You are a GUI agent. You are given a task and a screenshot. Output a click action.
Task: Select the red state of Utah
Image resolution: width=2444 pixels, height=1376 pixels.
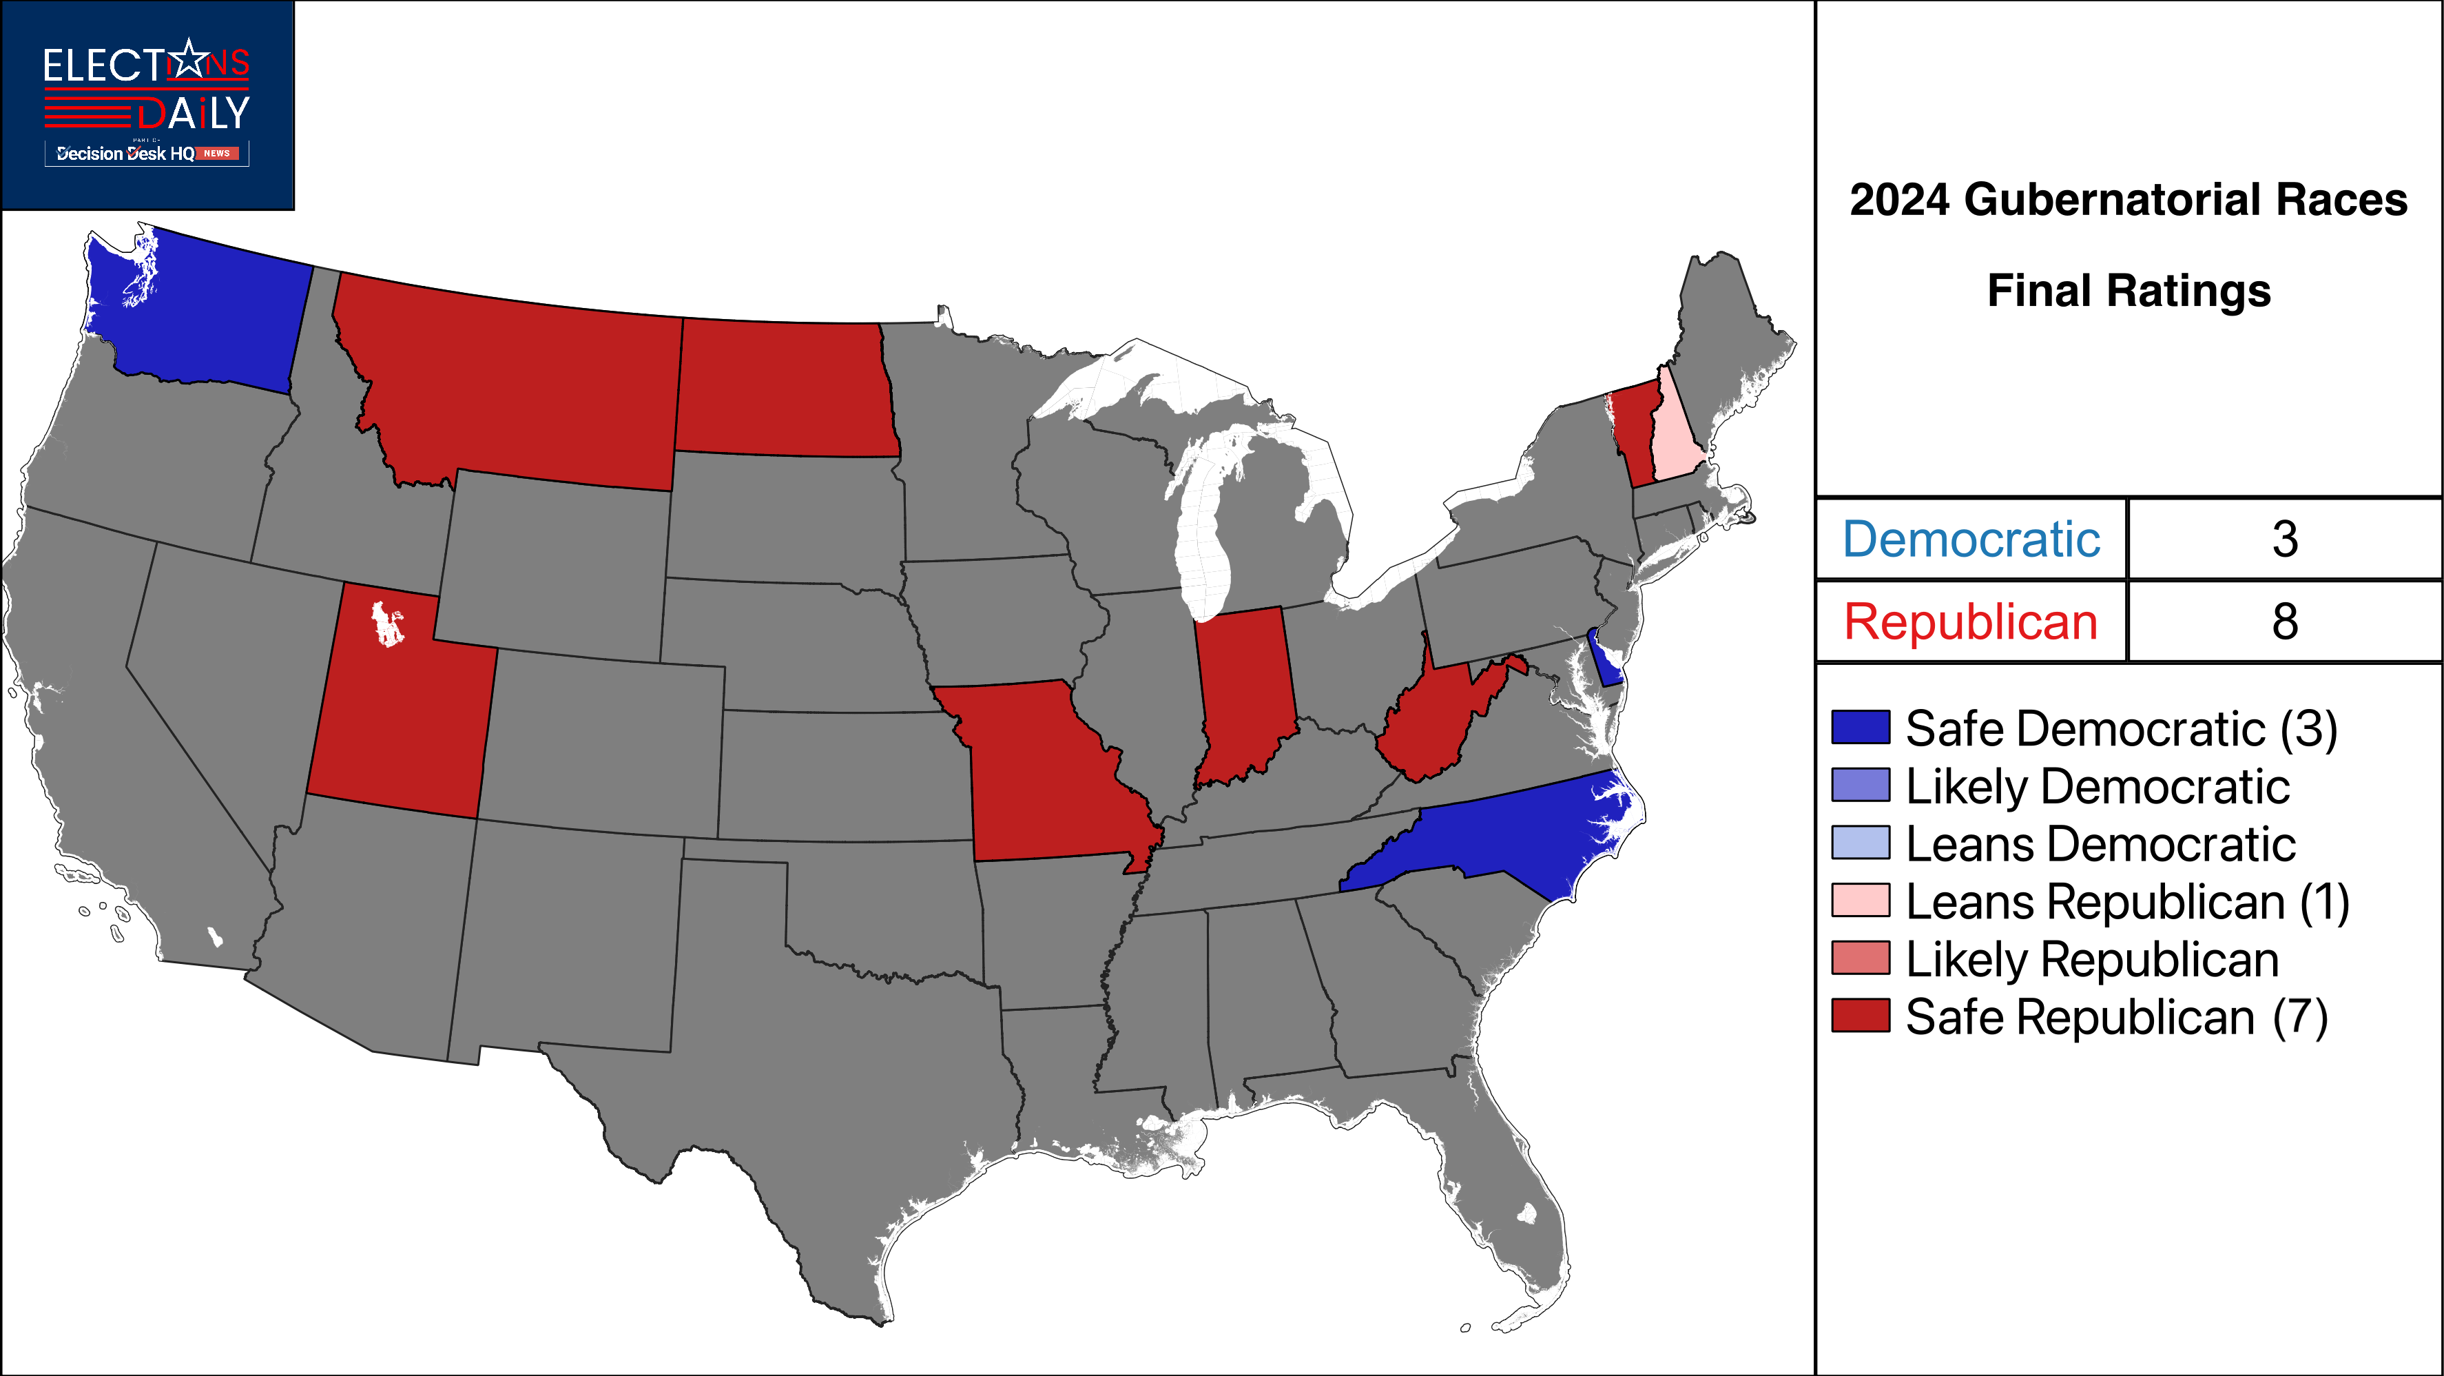point(398,721)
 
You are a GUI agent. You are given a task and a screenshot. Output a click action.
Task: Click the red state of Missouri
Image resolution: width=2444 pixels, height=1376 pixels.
point(1044,769)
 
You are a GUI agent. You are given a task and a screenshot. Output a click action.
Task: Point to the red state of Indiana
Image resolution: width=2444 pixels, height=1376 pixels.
point(1245,692)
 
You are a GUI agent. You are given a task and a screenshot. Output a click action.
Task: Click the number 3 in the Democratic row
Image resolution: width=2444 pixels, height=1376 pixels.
point(2285,539)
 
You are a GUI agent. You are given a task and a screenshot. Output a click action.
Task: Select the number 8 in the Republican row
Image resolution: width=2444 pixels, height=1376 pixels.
point(2285,622)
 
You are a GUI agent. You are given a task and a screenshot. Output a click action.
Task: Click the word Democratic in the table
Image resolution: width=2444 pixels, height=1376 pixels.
point(1971,539)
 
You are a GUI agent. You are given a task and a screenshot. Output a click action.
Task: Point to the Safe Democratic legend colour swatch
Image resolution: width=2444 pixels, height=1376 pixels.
point(1861,727)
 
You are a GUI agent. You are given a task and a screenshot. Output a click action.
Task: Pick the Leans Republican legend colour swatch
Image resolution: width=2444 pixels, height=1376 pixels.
point(1861,900)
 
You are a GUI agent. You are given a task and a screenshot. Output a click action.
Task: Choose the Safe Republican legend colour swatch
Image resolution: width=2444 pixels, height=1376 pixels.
point(1861,1016)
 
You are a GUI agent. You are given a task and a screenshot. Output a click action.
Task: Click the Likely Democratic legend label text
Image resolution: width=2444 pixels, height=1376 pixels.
point(2098,785)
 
